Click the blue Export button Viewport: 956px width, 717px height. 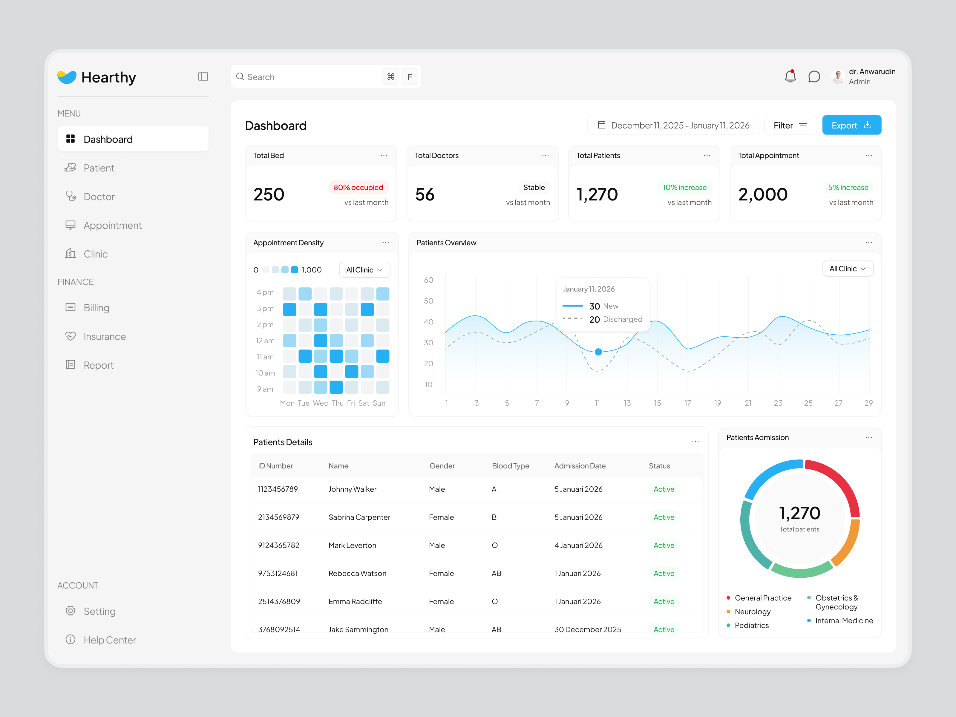click(851, 125)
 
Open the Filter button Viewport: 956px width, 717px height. click(790, 125)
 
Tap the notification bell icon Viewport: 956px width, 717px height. click(790, 76)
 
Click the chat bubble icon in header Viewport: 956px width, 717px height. click(814, 76)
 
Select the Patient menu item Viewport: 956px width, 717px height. click(99, 168)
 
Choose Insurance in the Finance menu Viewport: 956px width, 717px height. click(105, 337)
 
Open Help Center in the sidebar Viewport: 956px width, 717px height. click(109, 640)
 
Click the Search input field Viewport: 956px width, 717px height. click(311, 77)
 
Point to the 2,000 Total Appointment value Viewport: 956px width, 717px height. click(763, 194)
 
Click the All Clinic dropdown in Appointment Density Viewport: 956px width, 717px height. click(364, 270)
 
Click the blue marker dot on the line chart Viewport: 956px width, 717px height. click(598, 352)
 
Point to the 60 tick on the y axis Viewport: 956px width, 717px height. click(428, 280)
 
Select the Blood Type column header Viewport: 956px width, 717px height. click(510, 466)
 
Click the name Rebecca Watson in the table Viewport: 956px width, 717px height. click(357, 574)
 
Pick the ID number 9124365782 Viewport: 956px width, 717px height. click(279, 546)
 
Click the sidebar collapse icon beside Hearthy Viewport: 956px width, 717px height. click(203, 77)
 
